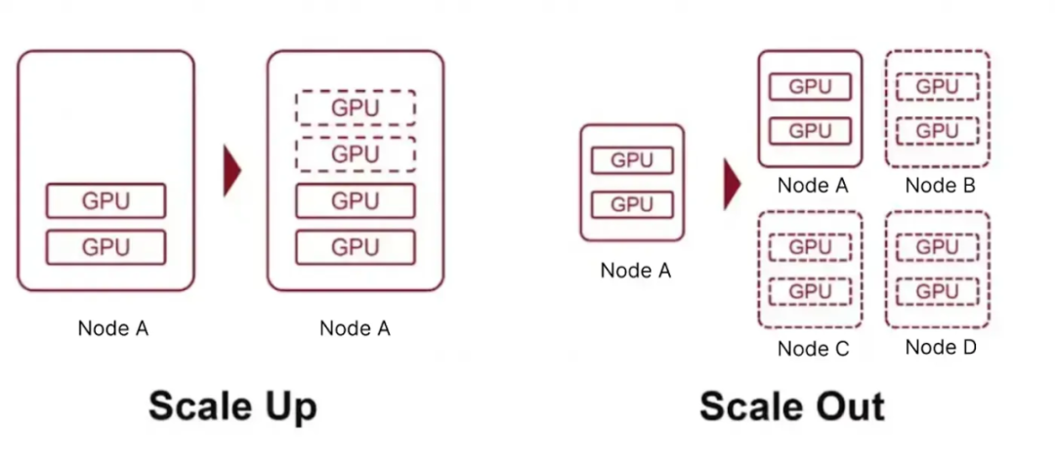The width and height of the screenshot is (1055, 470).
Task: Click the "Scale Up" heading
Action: [232, 406]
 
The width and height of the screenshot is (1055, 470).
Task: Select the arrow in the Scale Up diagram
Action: [232, 171]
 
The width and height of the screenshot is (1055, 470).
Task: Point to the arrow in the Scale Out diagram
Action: [732, 184]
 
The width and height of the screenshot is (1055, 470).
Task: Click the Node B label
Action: [940, 186]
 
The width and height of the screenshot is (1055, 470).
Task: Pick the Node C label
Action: [813, 348]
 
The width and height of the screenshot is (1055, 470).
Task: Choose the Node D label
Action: [940, 346]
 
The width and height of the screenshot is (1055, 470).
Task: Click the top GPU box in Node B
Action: [937, 86]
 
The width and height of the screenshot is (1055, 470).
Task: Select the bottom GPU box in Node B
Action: [937, 131]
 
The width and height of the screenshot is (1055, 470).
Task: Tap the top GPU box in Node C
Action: [810, 247]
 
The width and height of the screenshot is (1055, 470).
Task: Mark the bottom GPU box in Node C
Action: [810, 291]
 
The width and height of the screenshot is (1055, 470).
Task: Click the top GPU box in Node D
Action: [937, 247]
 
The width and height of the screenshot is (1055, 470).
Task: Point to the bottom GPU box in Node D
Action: [937, 291]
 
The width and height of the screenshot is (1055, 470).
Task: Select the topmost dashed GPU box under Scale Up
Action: [355, 107]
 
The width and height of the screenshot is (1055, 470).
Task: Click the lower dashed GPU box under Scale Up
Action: [355, 153]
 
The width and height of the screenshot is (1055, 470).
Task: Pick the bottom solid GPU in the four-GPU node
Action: [355, 246]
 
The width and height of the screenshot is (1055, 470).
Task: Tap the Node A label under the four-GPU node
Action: [355, 329]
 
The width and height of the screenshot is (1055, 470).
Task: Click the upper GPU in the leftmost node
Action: [105, 201]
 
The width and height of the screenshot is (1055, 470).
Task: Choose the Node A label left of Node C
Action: [635, 271]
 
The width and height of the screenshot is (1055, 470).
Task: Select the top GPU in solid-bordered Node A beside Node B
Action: [810, 86]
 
